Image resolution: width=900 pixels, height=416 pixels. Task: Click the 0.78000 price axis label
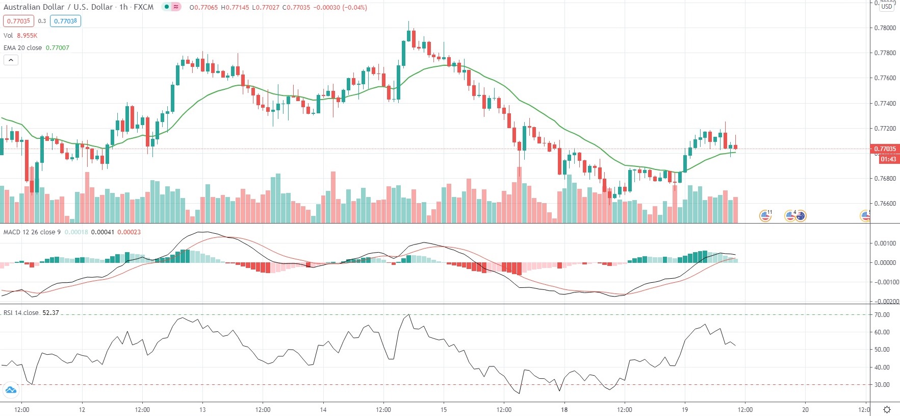tap(885, 28)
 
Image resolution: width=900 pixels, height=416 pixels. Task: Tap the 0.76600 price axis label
tap(885, 204)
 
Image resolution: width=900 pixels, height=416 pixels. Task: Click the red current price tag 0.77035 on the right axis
tap(885, 149)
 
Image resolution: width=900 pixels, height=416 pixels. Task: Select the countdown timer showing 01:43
tap(888, 159)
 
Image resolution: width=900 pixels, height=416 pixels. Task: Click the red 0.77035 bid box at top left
tap(19, 21)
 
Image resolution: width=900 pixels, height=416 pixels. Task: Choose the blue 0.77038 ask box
tap(65, 21)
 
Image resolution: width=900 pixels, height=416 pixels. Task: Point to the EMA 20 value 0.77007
tap(58, 48)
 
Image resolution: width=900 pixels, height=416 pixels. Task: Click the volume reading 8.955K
tap(27, 36)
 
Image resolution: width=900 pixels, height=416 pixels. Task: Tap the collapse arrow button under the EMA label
tap(11, 60)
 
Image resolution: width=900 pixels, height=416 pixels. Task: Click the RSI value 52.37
tap(50, 313)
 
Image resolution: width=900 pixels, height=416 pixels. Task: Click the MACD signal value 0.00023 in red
tap(129, 232)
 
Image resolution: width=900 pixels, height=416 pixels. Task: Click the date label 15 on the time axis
tap(444, 409)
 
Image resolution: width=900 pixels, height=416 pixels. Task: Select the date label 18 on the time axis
tap(564, 409)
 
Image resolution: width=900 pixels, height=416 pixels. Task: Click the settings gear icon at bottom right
tap(887, 410)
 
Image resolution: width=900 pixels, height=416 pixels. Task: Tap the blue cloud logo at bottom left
tap(11, 390)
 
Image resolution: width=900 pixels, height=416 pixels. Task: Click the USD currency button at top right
tap(887, 7)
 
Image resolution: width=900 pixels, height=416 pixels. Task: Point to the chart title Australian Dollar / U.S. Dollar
tap(58, 7)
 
